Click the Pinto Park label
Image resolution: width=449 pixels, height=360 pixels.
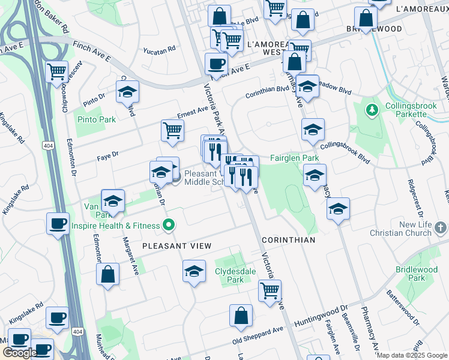click(96, 119)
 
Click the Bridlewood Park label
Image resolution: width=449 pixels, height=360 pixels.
click(417, 274)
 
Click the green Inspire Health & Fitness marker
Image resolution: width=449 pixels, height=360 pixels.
click(169, 226)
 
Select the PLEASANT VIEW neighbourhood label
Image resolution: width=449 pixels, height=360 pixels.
click(176, 246)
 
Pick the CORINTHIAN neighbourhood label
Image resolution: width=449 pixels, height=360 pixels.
click(288, 240)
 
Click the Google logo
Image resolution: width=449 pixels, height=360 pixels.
click(19, 353)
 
